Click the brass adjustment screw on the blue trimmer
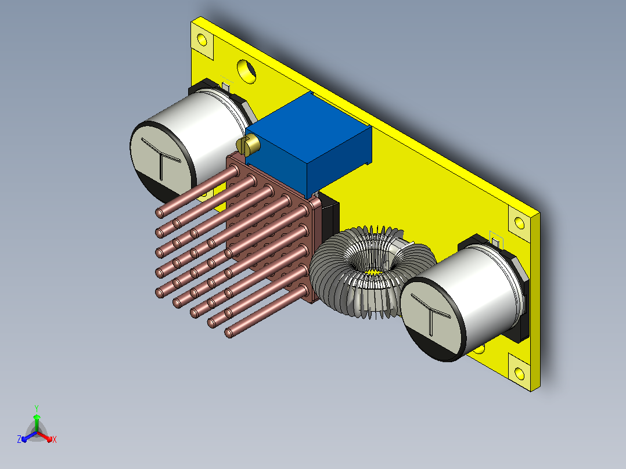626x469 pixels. click(x=247, y=145)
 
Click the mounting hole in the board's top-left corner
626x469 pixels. click(x=202, y=40)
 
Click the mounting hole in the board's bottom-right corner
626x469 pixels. click(x=519, y=374)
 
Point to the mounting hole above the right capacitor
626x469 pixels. click(x=519, y=223)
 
